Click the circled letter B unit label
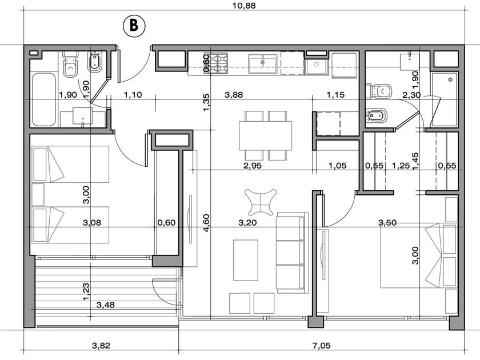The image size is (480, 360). (134, 26)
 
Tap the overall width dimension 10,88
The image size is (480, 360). (243, 5)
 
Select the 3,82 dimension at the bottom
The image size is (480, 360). (101, 346)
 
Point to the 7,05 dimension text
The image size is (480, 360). (321, 346)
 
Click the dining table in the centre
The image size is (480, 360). (265, 135)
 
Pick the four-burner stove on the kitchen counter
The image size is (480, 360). (217, 63)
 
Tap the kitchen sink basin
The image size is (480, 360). (262, 64)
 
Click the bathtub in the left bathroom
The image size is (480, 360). (43, 99)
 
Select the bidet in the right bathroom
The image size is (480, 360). (376, 116)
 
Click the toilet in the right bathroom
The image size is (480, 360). (379, 91)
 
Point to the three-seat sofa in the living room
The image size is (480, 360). (292, 253)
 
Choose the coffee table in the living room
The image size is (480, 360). (246, 260)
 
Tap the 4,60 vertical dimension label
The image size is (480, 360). (206, 223)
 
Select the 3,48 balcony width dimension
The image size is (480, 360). (106, 305)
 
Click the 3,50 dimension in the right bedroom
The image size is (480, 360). (387, 222)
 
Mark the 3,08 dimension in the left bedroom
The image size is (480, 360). (92, 222)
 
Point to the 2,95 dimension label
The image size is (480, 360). (252, 166)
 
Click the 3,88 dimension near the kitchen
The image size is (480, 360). (234, 95)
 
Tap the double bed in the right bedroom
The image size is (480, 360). (419, 255)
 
